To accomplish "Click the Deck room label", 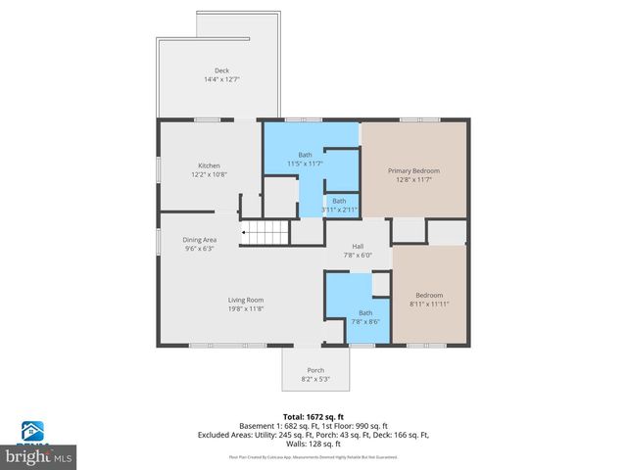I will tap(221, 70).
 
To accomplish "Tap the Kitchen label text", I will tap(209, 165).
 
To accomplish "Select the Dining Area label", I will tap(199, 240).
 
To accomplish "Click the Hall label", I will tap(358, 247).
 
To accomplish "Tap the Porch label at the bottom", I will tap(315, 370).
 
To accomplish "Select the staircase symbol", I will tap(266, 232).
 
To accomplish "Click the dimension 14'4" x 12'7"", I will tap(221, 78).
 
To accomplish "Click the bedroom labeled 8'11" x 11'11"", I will tap(429, 300).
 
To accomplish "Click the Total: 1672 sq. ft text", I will tap(313, 416).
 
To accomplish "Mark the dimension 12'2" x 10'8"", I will tap(209, 174).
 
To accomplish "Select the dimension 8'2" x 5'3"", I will tap(315, 379).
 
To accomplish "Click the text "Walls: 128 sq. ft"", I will tap(313, 443).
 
